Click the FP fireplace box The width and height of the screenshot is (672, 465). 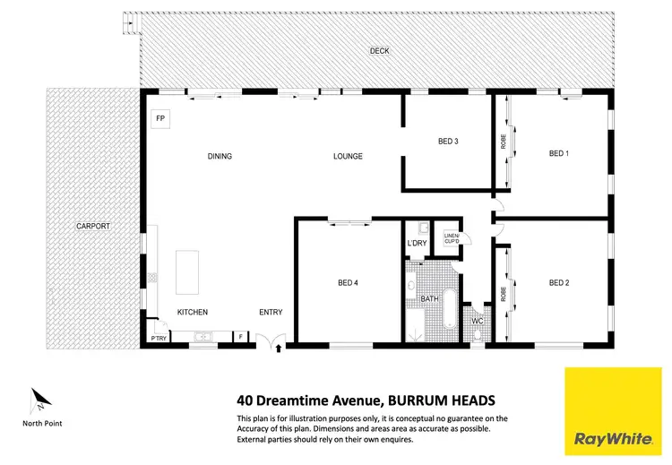click(x=161, y=118)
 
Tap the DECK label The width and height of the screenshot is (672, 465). click(x=379, y=50)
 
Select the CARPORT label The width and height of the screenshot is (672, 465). click(x=92, y=226)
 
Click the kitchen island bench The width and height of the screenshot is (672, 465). click(x=189, y=271)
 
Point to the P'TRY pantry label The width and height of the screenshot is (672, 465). click(x=158, y=338)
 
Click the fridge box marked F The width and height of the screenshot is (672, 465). click(x=240, y=337)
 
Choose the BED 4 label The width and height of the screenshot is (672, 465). click(x=348, y=283)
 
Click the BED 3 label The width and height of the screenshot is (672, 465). click(x=448, y=142)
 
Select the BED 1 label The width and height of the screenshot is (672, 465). click(x=559, y=153)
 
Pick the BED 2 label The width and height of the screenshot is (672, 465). click(x=559, y=283)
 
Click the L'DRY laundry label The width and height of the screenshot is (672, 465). click(x=416, y=243)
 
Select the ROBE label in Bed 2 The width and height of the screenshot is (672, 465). click(x=502, y=291)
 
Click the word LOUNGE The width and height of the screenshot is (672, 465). click(x=348, y=156)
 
